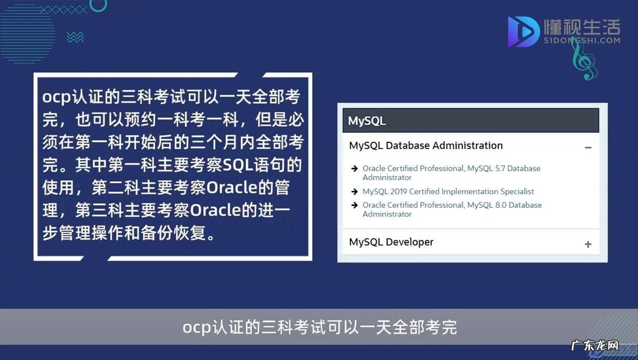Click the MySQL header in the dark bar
[x=367, y=121]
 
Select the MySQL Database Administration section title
[x=426, y=146]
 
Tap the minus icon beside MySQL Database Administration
[x=588, y=147]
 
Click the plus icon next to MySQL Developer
[x=588, y=244]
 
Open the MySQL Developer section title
[x=391, y=242]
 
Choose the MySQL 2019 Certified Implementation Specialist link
[x=448, y=191]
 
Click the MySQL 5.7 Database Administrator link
[x=451, y=173]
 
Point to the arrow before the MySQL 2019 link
[x=355, y=192]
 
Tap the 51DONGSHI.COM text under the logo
[x=582, y=41]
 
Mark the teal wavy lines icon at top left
[x=75, y=37]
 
